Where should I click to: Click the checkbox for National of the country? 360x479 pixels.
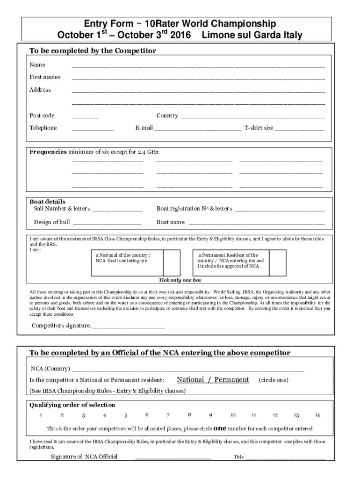click(x=171, y=262)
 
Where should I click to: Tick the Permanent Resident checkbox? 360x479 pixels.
click(x=279, y=262)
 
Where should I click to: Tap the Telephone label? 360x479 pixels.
click(x=43, y=128)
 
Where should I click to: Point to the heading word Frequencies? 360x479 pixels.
click(x=48, y=152)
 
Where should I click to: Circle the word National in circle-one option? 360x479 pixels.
click(x=190, y=379)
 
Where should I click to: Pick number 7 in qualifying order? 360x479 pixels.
click(x=168, y=415)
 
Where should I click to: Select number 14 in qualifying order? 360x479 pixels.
click(x=317, y=415)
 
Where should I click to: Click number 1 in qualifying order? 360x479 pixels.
click(x=41, y=415)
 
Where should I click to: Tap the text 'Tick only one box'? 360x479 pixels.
click(x=180, y=280)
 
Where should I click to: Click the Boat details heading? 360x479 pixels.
click(x=48, y=202)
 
